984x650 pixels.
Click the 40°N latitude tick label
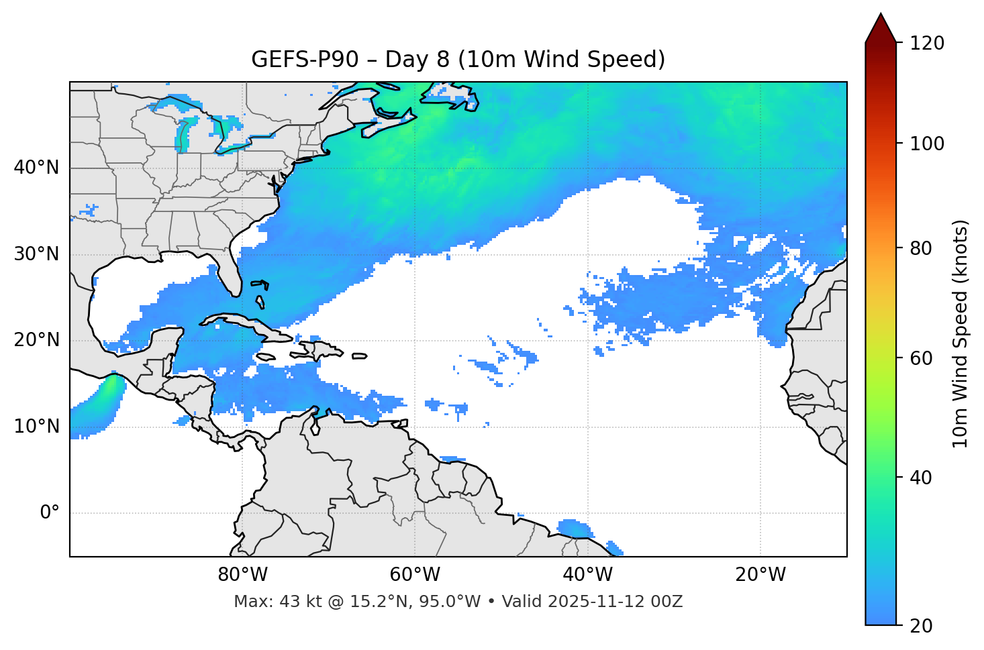point(36,168)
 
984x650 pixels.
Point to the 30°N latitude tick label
point(36,254)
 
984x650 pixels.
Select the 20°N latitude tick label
point(36,340)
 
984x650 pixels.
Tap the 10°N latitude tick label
point(36,427)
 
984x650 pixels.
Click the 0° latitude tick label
point(50,513)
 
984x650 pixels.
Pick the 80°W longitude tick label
point(242,575)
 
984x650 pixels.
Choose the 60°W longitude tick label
point(415,575)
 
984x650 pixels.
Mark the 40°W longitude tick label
point(587,575)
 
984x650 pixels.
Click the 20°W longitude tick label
point(760,575)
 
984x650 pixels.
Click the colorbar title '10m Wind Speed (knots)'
point(961,334)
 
